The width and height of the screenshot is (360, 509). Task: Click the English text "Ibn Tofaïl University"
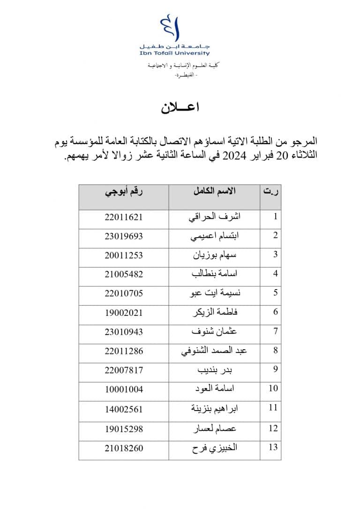point(174,54)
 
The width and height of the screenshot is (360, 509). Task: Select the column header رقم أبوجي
point(123,191)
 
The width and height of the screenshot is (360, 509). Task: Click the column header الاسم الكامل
point(214,191)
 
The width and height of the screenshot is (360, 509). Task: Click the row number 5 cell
point(276,293)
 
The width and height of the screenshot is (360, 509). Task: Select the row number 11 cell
point(273,408)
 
